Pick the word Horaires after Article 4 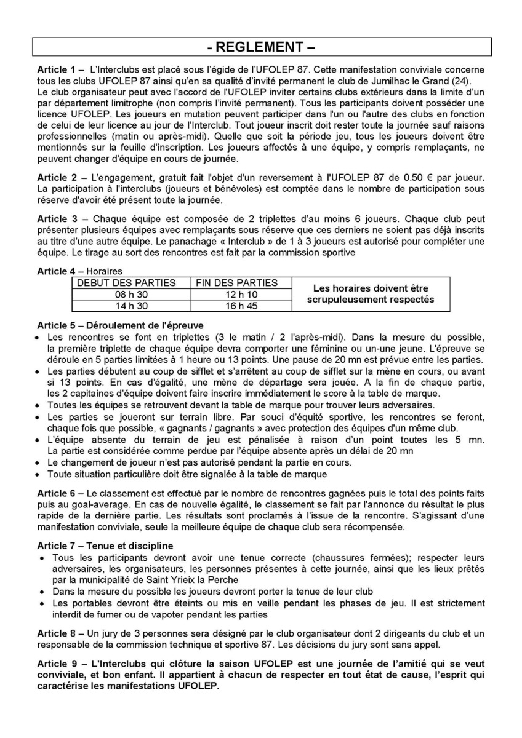pyautogui.click(x=105, y=271)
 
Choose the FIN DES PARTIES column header pyautogui.click(x=236, y=283)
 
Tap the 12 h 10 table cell pyautogui.click(x=236, y=295)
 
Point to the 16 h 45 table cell pyautogui.click(x=236, y=306)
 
